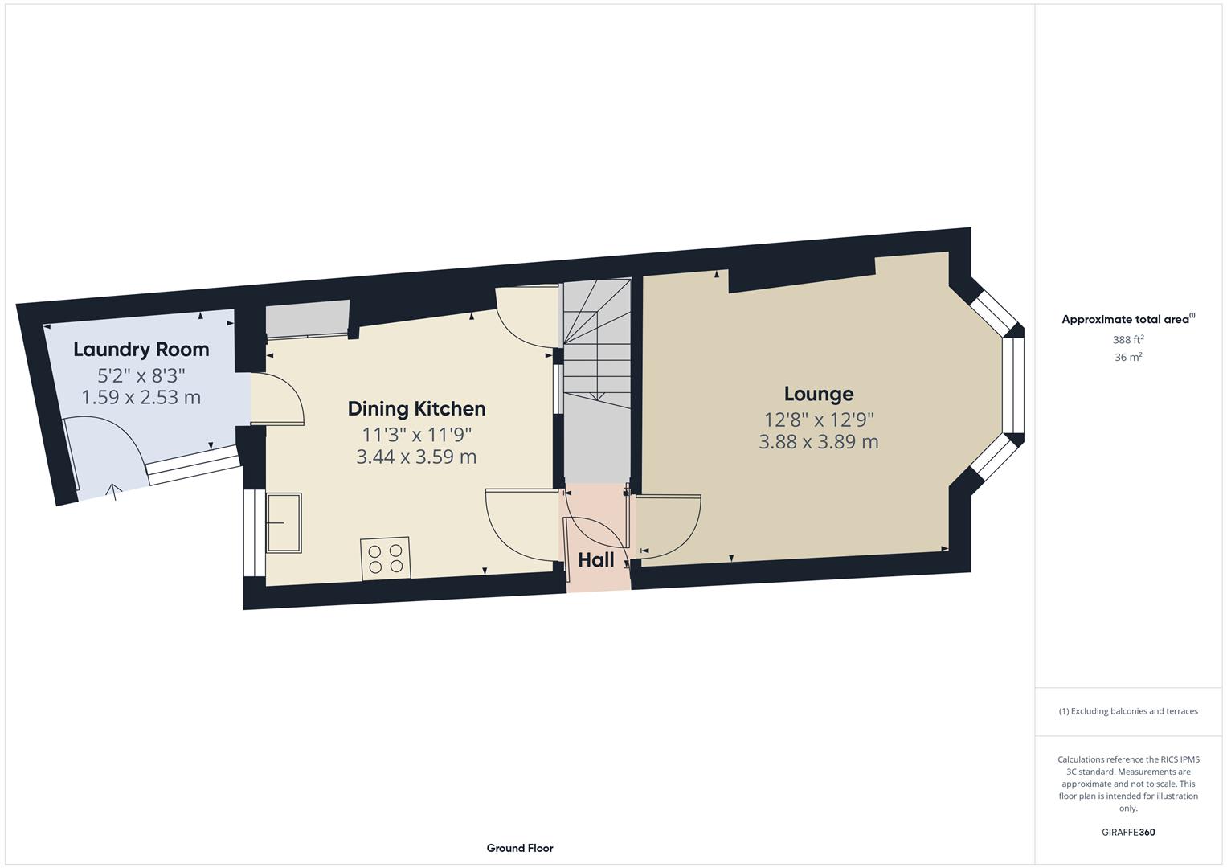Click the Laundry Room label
pyautogui.click(x=141, y=350)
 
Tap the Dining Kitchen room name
pyautogui.click(x=416, y=409)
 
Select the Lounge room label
pyautogui.click(x=818, y=394)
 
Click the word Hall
pyautogui.click(x=595, y=560)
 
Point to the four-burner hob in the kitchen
pyautogui.click(x=386, y=559)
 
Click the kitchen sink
pyautogui.click(x=284, y=522)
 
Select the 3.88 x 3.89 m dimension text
pyautogui.click(x=818, y=442)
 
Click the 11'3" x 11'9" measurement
pyautogui.click(x=416, y=435)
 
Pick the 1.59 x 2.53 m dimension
pyautogui.click(x=141, y=398)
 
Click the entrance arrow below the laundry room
pyautogui.click(x=114, y=490)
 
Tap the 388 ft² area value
pyautogui.click(x=1127, y=340)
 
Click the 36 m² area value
pyautogui.click(x=1127, y=358)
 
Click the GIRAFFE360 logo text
pyautogui.click(x=1127, y=833)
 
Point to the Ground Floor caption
pyautogui.click(x=519, y=848)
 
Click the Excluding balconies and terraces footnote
pyautogui.click(x=1127, y=711)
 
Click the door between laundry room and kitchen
pyautogui.click(x=277, y=399)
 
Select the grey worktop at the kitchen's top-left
pyautogui.click(x=307, y=319)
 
